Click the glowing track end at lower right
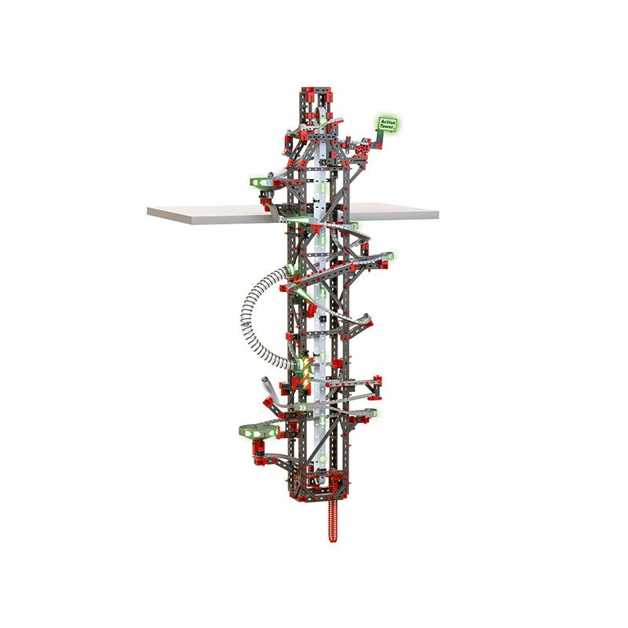point(371,413)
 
